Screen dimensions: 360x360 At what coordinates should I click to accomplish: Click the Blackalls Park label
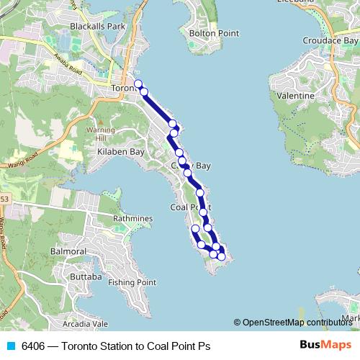97,26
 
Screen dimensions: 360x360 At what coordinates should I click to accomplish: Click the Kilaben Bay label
122,153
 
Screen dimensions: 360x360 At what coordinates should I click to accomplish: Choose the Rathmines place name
132,217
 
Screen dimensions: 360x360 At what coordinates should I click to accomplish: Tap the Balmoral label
69,252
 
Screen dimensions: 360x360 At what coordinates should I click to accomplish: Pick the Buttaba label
86,276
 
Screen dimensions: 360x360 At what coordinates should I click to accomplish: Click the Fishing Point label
132,282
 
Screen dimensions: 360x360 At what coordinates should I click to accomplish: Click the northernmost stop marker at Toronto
138,84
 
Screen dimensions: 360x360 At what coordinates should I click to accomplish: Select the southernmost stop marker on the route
221,256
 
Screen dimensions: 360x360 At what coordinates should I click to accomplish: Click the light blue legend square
9,346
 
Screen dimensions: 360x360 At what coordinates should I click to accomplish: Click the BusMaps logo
325,346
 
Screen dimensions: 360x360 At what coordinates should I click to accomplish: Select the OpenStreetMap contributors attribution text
297,322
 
